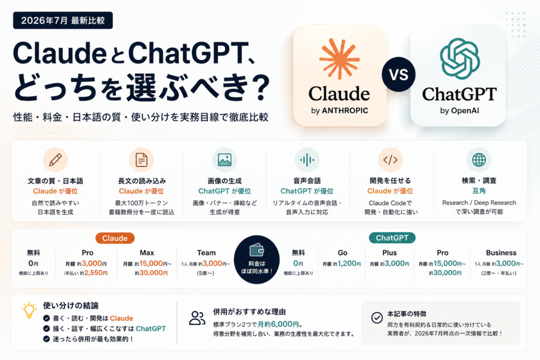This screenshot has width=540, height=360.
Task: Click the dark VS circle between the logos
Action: click(399, 74)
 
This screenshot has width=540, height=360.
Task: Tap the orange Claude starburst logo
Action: click(340, 59)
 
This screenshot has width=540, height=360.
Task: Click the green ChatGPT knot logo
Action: click(460, 59)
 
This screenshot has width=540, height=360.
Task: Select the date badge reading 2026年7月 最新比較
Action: click(63, 21)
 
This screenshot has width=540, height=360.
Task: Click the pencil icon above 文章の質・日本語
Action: click(55, 160)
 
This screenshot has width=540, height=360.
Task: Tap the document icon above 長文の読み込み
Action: click(141, 160)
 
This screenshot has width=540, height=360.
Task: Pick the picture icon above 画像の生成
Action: click(225, 160)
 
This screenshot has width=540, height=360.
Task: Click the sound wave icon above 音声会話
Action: click(307, 160)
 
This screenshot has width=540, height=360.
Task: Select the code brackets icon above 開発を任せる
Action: click(390, 160)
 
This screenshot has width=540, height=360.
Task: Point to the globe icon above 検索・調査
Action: click(479, 160)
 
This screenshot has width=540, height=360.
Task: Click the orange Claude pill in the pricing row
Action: click(115, 238)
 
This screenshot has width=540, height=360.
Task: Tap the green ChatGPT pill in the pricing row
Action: click(392, 238)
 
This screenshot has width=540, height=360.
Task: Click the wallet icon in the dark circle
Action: click(257, 250)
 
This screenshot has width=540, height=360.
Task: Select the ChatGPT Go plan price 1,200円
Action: click(349, 264)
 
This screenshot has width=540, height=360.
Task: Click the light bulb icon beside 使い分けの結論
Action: click(29, 310)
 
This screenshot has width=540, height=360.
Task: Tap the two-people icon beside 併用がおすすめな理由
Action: click(197, 318)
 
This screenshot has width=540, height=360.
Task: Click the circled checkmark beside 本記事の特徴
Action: click(377, 318)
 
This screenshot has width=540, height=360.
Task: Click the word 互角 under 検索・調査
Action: click(479, 191)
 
